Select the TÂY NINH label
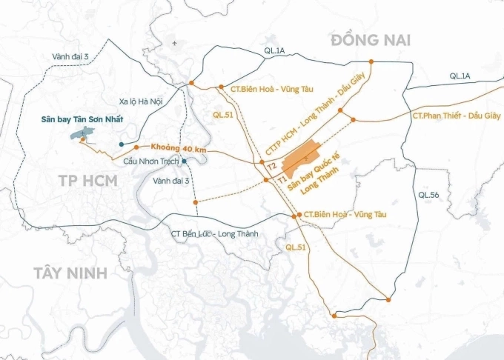point(70,273)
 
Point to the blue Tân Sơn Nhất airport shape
point(85,135)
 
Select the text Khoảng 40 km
point(179,149)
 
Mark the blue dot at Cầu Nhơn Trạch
point(183,160)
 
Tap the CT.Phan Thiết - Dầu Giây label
point(456,116)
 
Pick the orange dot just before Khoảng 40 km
point(136,147)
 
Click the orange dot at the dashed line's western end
point(194,201)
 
